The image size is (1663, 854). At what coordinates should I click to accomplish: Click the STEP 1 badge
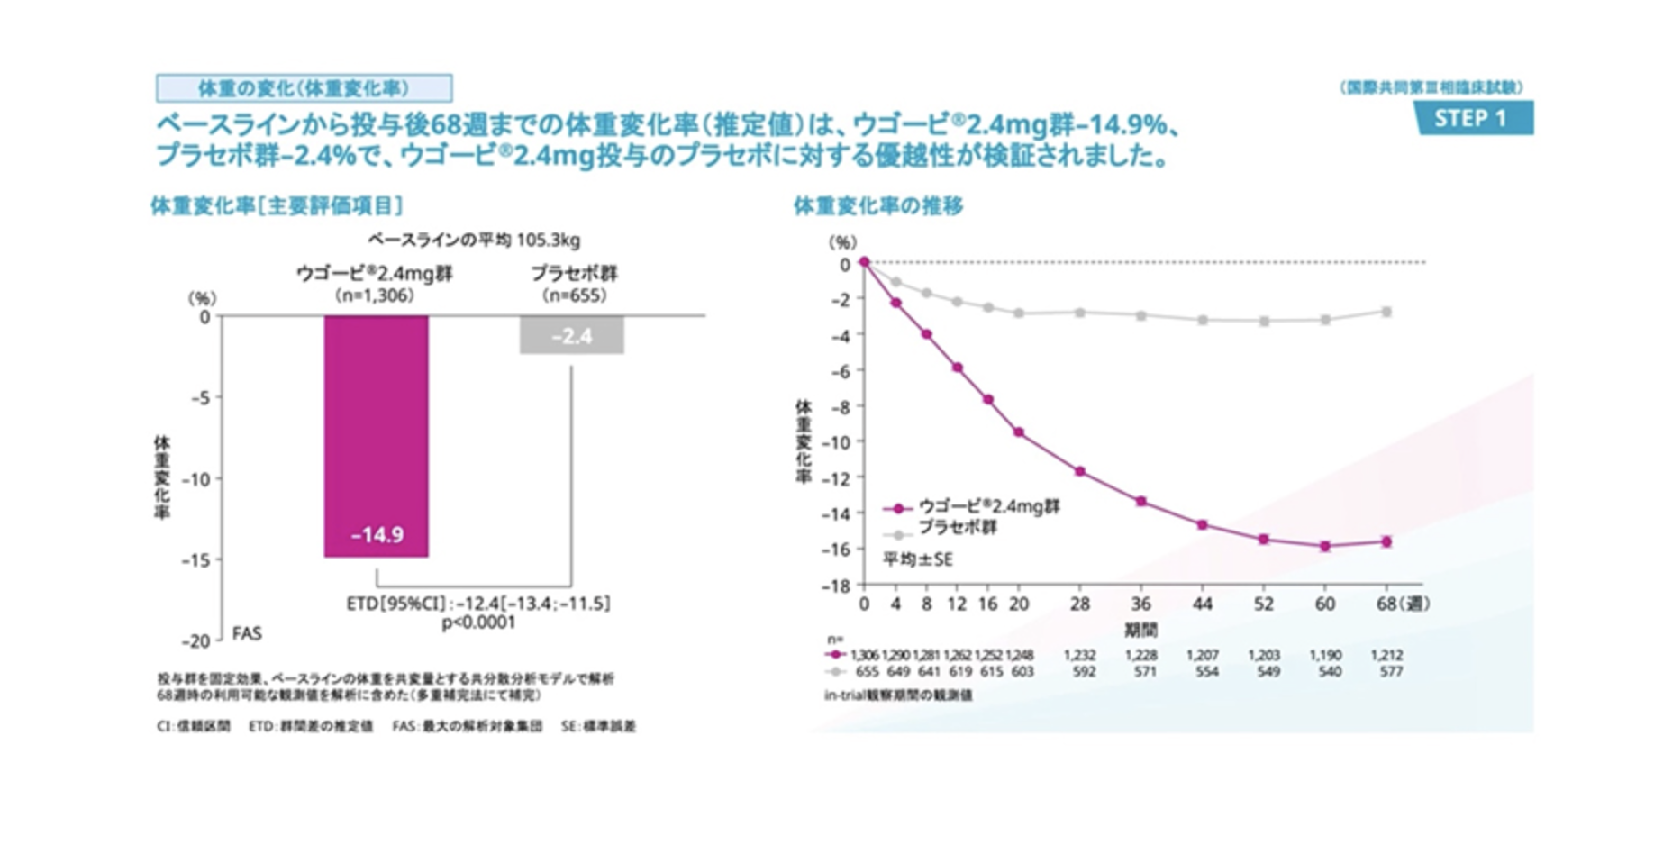tap(1472, 118)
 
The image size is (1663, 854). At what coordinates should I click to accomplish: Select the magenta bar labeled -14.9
tap(377, 436)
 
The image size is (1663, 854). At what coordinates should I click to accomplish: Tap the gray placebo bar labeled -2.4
tap(571, 335)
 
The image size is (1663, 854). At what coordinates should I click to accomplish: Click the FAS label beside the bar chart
tap(247, 633)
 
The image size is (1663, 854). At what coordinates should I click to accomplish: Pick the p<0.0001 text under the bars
tap(478, 622)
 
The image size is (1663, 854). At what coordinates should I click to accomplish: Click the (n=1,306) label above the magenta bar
tap(374, 295)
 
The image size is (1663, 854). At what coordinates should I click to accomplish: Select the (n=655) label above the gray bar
tap(574, 295)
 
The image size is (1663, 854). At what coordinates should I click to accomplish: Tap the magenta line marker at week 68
tap(1386, 541)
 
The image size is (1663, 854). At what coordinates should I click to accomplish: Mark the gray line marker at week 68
tap(1386, 312)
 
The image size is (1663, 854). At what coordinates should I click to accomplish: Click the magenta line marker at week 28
tap(1080, 471)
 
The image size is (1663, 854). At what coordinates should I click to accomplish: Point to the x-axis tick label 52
tap(1264, 604)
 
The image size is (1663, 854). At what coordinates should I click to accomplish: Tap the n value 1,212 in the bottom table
tap(1386, 655)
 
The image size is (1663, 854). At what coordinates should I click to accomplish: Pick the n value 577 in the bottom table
tap(1391, 671)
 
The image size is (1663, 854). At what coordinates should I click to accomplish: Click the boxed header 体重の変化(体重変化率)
tap(304, 88)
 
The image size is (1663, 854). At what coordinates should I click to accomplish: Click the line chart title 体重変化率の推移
tap(877, 206)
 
